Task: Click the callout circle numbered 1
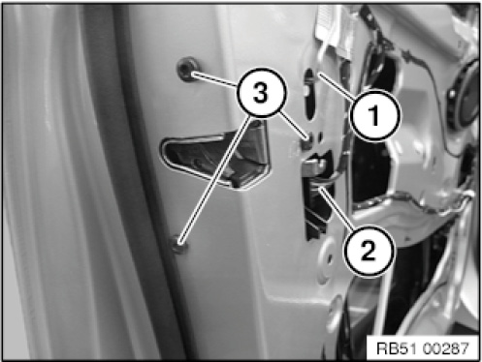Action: pos(375,115)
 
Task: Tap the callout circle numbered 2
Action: pos(369,251)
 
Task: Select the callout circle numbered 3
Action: pos(261,93)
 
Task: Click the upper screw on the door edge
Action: pos(187,69)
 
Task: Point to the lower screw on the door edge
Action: pos(179,245)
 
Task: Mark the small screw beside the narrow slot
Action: pos(308,139)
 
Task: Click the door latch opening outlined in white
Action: pos(216,157)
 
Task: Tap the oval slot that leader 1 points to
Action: pos(310,94)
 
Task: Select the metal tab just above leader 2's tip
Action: pos(315,164)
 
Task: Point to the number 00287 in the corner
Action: pos(445,348)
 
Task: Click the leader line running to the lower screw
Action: pos(215,179)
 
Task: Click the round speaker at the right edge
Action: pos(465,94)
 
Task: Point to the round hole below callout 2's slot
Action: pos(327,257)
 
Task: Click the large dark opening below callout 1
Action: pos(371,171)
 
